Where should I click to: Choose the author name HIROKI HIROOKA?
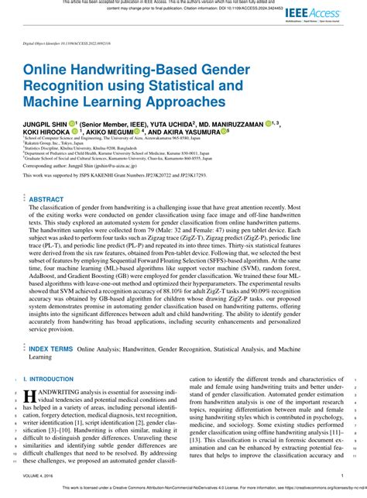click(48, 133)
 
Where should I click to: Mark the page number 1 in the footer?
click(341, 476)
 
